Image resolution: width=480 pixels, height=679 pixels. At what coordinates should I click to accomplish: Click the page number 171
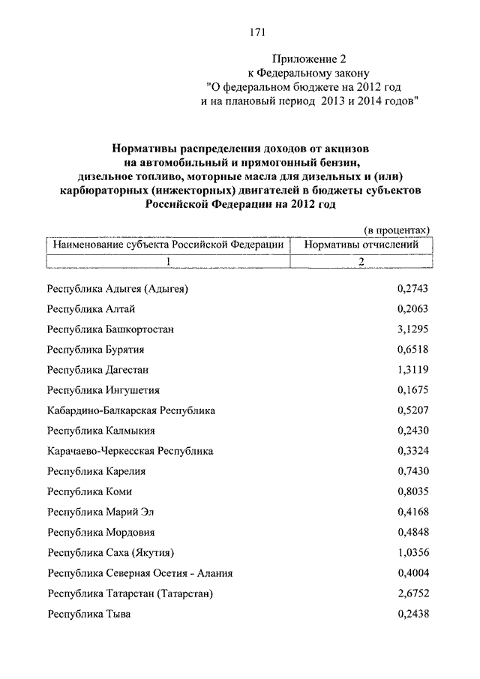pyautogui.click(x=257, y=32)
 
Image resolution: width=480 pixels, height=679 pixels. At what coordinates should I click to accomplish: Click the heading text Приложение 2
pyautogui.click(x=308, y=58)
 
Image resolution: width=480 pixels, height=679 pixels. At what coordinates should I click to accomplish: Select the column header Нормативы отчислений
pyautogui.click(x=361, y=245)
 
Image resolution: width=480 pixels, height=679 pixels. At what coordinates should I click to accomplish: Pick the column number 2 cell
pyautogui.click(x=361, y=261)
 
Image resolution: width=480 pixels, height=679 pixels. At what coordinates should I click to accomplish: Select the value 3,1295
pyautogui.click(x=412, y=329)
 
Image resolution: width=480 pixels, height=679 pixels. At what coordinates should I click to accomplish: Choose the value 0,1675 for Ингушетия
pyautogui.click(x=412, y=390)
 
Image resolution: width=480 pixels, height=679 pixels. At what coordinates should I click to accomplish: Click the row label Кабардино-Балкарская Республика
pyautogui.click(x=131, y=410)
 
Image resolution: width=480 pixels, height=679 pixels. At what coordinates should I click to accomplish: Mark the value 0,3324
pyautogui.click(x=412, y=451)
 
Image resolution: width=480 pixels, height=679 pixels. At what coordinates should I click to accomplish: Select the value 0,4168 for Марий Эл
pyautogui.click(x=412, y=512)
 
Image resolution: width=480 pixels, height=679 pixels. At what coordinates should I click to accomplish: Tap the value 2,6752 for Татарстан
pyautogui.click(x=412, y=593)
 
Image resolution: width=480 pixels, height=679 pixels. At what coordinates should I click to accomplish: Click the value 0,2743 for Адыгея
pyautogui.click(x=412, y=289)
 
